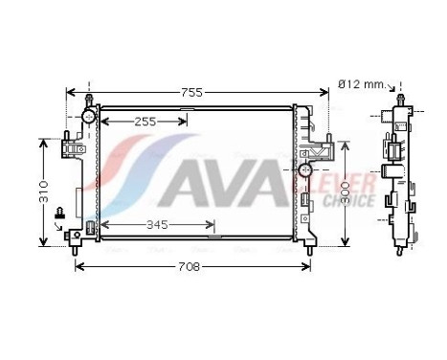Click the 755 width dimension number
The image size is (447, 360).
coord(192,92)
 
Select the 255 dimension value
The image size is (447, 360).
coord(145,122)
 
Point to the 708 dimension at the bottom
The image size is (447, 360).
coord(191,266)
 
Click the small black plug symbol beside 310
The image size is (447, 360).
coord(59,213)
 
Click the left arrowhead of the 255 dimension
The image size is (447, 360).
coord(104,122)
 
